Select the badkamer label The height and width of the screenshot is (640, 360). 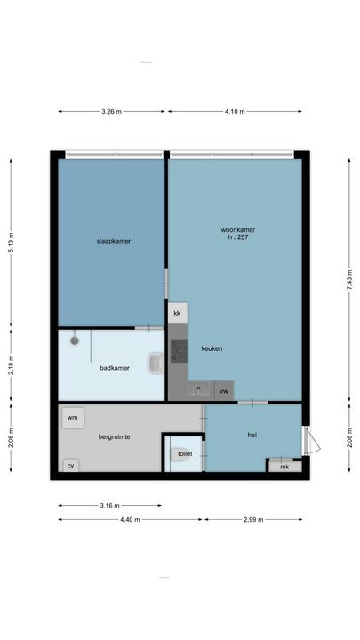(x=115, y=367)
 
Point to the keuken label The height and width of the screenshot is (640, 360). (x=212, y=348)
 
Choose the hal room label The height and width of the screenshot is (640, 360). (x=252, y=435)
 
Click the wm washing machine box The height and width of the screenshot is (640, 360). (x=72, y=416)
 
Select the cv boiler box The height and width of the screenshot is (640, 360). (x=70, y=465)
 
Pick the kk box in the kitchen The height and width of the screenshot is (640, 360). (x=177, y=314)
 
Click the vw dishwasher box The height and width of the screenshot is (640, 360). (x=224, y=390)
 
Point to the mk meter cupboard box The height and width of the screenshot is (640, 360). (x=284, y=466)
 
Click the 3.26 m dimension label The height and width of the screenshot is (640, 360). (x=111, y=112)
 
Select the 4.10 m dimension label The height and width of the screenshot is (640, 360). (x=235, y=112)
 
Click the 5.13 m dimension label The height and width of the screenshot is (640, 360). (x=11, y=241)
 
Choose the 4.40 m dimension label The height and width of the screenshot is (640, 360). (x=131, y=520)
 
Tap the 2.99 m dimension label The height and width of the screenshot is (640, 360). (x=253, y=520)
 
